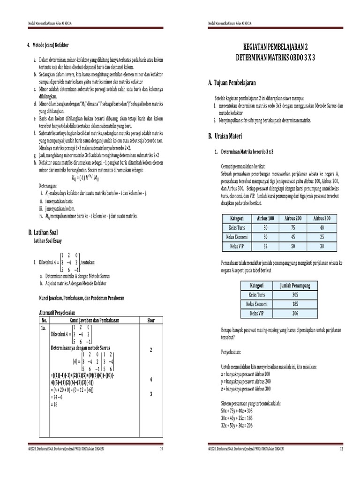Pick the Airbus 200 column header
tap(293, 218)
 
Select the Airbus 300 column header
tap(322, 218)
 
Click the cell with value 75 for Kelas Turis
tap(293, 227)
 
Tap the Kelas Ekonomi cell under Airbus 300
tap(322, 236)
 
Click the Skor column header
tap(151, 320)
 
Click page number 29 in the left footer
tap(162, 449)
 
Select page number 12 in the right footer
tap(342, 449)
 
